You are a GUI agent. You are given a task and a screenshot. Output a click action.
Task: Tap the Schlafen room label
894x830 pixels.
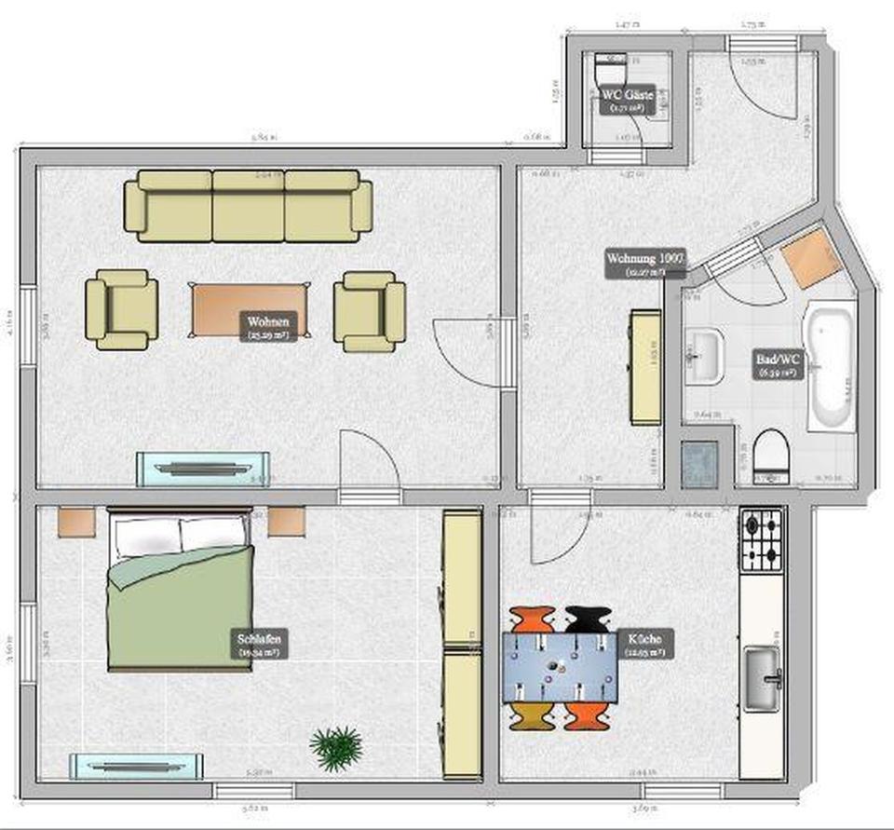coord(260,645)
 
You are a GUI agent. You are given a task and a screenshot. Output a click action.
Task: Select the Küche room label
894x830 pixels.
coord(644,645)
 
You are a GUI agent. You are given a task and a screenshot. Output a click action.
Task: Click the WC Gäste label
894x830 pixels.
coord(628,99)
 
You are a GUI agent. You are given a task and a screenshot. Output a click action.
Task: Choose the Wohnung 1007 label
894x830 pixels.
coord(645,264)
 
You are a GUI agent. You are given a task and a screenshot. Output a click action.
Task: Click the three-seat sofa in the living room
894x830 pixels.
coord(248,206)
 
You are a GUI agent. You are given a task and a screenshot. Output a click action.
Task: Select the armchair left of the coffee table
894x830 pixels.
coord(121,309)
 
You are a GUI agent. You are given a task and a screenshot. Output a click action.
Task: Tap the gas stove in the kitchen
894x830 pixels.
coord(762,539)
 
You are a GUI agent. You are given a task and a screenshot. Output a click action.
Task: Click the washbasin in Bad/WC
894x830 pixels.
coord(704,357)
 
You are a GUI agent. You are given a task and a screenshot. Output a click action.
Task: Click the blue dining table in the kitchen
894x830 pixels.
coord(558,667)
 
